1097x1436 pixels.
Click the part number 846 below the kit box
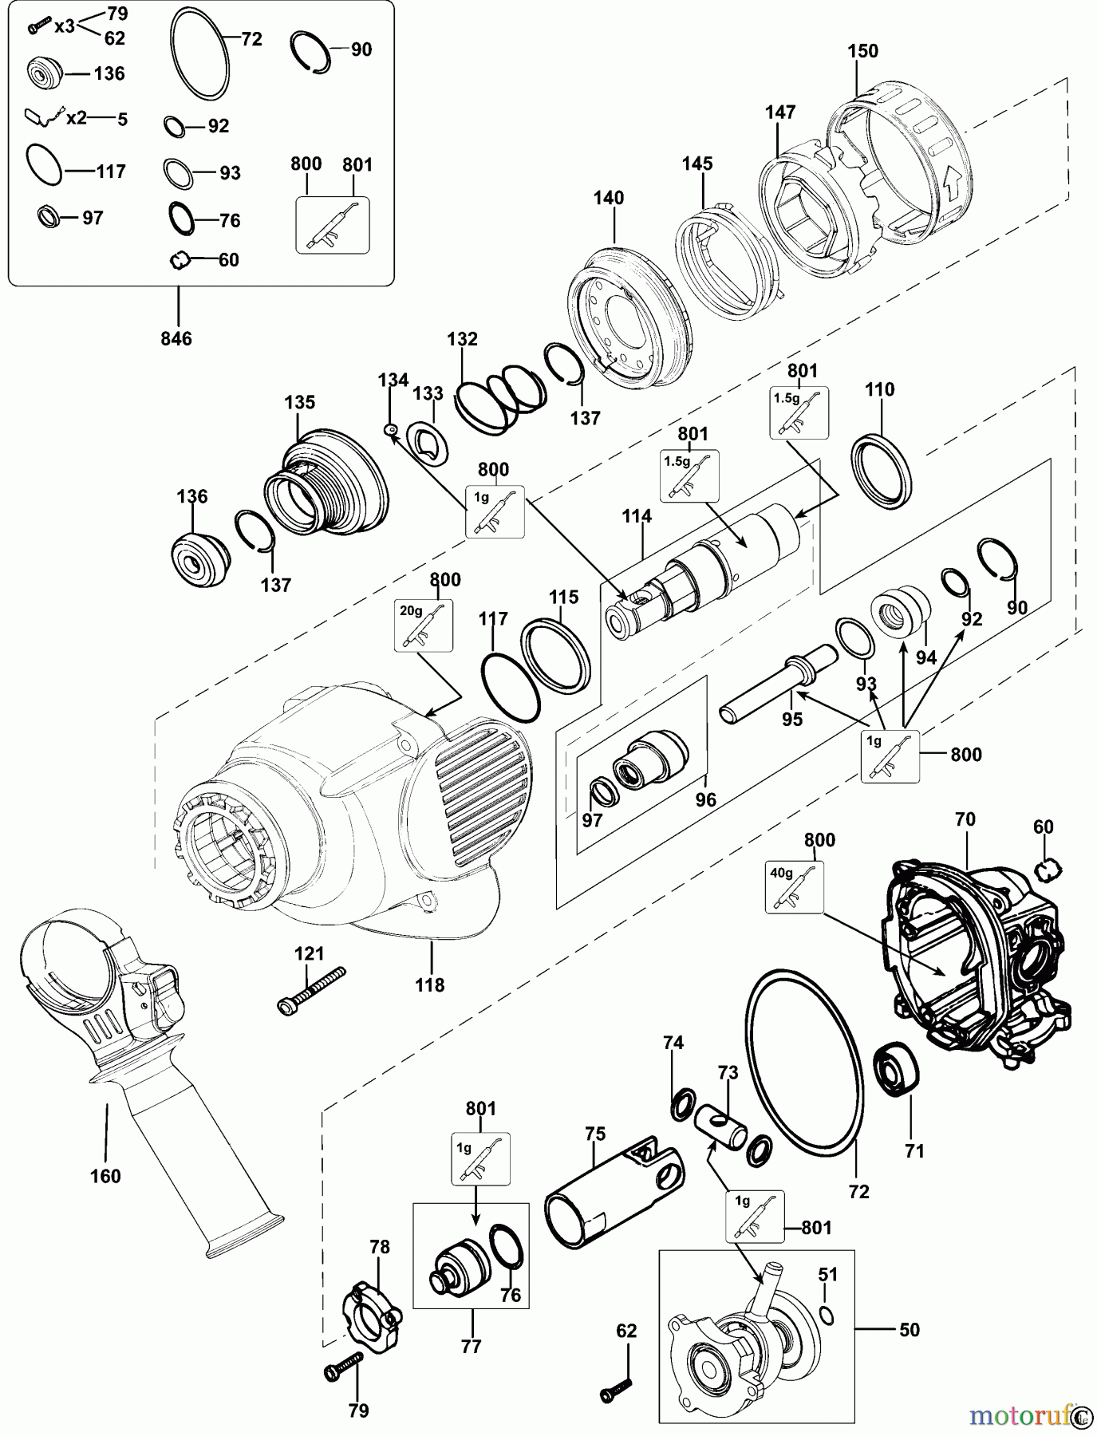coord(176,338)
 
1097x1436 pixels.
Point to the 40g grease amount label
coord(780,872)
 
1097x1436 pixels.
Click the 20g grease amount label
coord(411,610)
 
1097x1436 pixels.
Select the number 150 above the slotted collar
coord(862,51)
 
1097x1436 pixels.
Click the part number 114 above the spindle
coord(637,516)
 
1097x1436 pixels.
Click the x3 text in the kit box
coord(65,26)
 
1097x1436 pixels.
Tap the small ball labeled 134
coord(391,430)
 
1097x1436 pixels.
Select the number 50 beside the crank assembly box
coord(909,1329)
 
